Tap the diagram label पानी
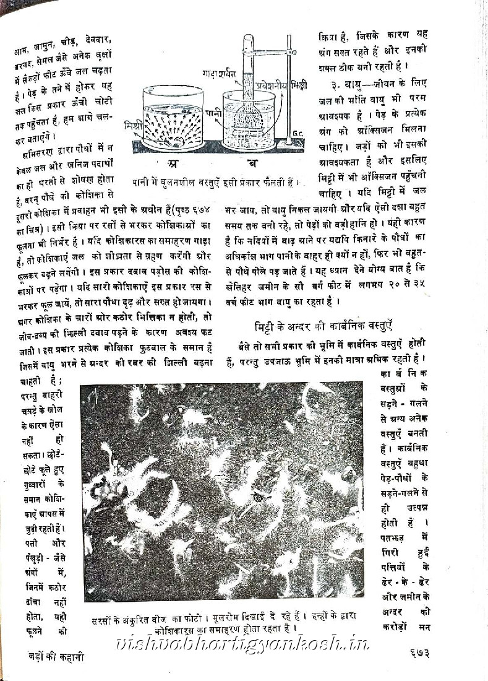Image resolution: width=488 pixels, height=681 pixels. [213, 113]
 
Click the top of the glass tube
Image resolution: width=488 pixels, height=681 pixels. [248, 39]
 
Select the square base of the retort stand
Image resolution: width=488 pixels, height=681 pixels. [289, 146]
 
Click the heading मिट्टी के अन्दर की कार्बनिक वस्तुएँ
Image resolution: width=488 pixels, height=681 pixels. [324, 327]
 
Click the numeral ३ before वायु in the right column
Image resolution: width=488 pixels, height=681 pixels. [333, 84]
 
